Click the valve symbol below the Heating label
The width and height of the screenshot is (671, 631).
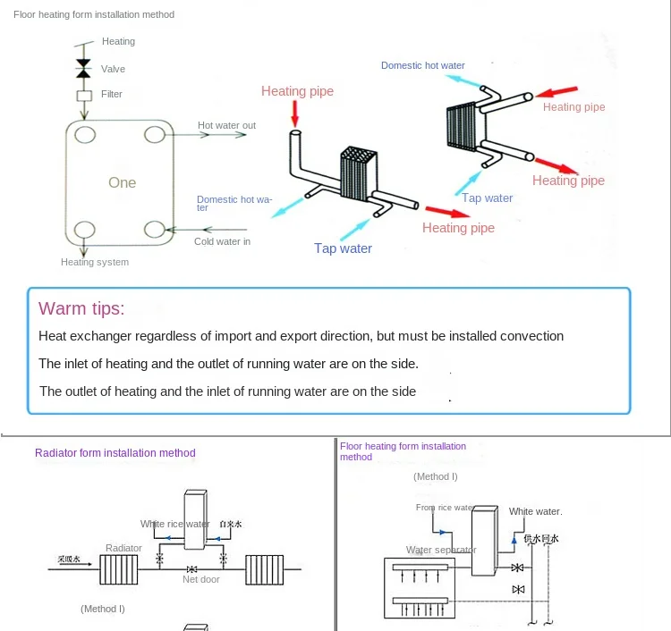(84, 68)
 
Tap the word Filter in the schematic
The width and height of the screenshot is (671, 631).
(112, 94)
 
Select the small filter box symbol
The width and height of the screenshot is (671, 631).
(84, 95)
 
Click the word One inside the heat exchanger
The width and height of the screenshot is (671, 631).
(123, 182)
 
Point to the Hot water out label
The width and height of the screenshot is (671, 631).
(226, 126)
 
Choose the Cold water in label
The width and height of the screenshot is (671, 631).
(222, 241)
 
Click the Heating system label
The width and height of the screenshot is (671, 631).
(95, 262)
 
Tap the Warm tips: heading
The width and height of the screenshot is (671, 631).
(81, 309)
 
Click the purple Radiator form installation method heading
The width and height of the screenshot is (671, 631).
(115, 453)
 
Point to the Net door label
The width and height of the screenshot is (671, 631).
(201, 579)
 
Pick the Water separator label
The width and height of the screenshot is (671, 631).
(441, 550)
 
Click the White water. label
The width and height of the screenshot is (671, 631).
(535, 511)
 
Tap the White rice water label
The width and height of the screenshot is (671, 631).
(174, 524)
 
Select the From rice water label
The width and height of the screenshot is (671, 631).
(445, 508)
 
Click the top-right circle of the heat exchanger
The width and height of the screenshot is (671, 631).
(156, 134)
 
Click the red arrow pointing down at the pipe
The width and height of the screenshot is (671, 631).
(296, 113)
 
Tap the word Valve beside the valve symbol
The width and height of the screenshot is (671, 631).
(113, 69)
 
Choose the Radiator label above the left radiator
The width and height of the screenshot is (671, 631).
(123, 548)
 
